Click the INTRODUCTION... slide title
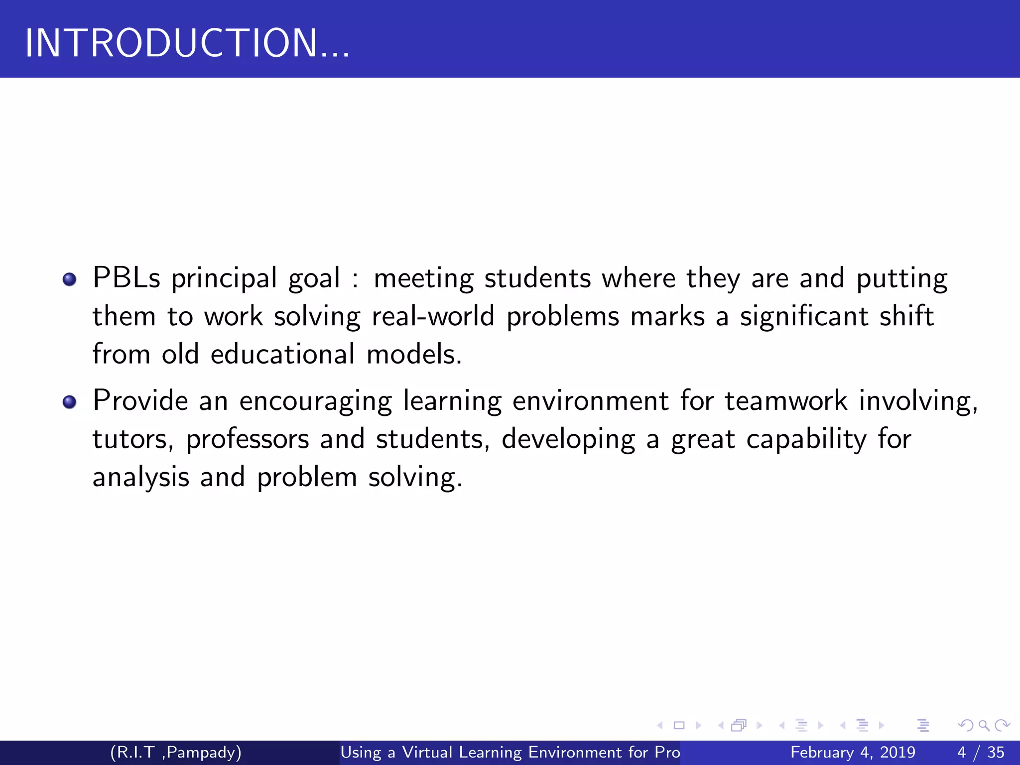coord(187,43)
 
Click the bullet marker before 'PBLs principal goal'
coord(70,279)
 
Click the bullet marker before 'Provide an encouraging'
coord(70,401)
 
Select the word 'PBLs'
coord(127,278)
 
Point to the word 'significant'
coord(804,317)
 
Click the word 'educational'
coord(282,355)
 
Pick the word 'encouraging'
coord(315,401)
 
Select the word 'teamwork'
coord(785,401)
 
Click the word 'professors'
coord(248,440)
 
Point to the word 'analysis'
coord(141,478)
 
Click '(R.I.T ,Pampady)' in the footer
coord(176,752)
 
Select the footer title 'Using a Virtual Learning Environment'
coord(510,752)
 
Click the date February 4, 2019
coord(853,752)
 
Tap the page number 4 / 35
coord(981,752)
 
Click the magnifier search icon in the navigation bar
coord(984,725)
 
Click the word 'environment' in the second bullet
coord(590,401)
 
